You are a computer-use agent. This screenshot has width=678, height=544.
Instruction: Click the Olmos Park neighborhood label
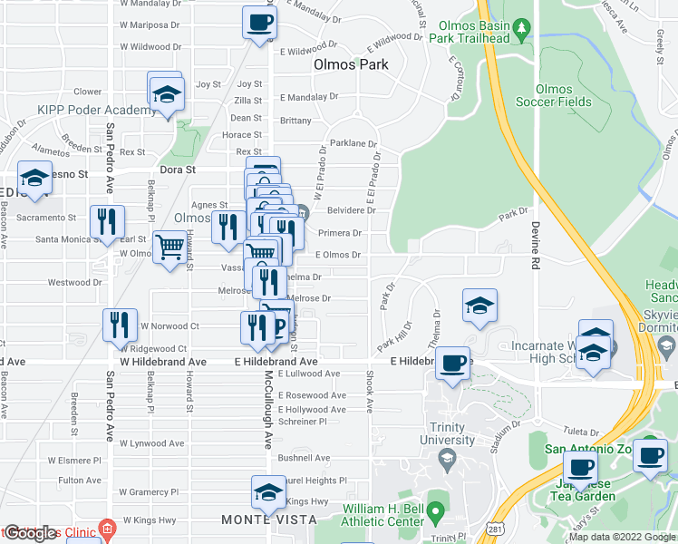pyautogui.click(x=351, y=64)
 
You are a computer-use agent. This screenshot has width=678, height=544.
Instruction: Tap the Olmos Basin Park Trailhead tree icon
pyautogui.click(x=521, y=31)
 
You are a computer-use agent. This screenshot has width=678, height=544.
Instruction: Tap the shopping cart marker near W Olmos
pyautogui.click(x=169, y=247)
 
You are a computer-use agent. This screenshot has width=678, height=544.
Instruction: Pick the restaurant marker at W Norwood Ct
pyautogui.click(x=120, y=325)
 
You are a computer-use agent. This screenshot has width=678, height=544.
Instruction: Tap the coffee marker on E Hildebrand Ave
pyautogui.click(x=452, y=362)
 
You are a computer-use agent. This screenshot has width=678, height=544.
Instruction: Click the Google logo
pyautogui.click(x=30, y=533)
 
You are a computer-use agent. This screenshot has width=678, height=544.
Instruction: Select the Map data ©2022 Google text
pyautogui.click(x=622, y=537)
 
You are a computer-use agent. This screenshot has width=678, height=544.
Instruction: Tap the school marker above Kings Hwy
pyautogui.click(x=268, y=491)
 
